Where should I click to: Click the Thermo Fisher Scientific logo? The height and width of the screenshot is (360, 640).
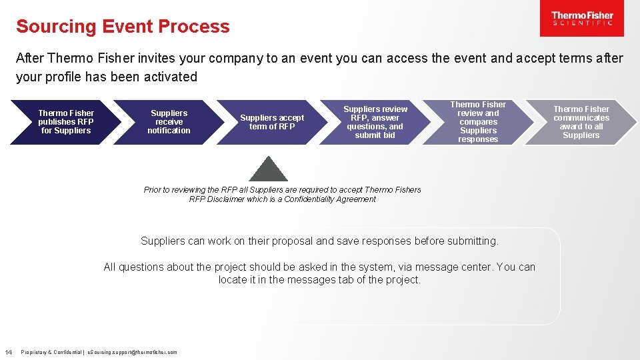[x=582, y=19]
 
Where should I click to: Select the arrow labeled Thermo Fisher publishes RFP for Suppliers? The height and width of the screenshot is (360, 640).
[x=66, y=122]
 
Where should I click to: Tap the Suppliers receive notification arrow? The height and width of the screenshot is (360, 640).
[x=169, y=122]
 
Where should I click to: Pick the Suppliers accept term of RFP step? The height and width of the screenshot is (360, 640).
[x=272, y=122]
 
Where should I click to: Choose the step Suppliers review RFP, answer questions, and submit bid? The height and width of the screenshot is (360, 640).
[x=375, y=122]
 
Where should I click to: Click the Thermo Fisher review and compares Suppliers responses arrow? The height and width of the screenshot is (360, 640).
[x=478, y=122]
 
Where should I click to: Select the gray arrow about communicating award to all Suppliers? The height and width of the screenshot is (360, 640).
[x=581, y=122]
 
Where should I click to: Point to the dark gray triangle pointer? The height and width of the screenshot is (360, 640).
[x=268, y=170]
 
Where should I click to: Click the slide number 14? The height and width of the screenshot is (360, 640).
[x=9, y=352]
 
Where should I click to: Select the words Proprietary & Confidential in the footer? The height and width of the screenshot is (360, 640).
[x=50, y=352]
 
